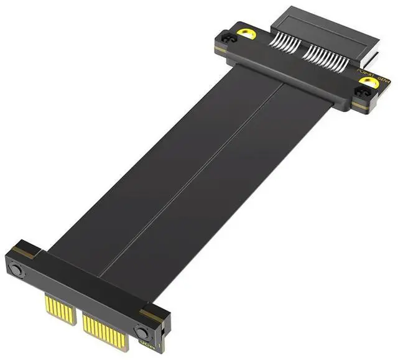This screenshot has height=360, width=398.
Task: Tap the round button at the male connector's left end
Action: point(17,270)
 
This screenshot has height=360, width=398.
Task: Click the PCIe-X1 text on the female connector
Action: point(367,75)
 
